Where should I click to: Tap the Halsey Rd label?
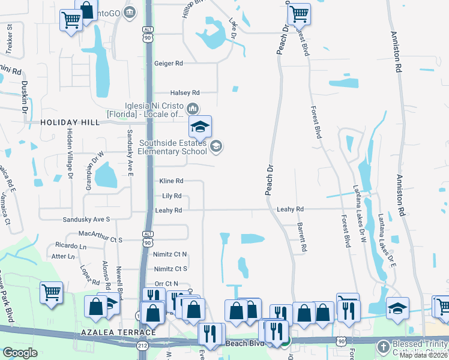pos(184,92)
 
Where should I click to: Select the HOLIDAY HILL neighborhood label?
pos(70,122)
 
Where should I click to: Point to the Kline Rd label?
pos(171,181)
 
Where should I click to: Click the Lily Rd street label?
pos(172,196)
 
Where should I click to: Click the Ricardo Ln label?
pos(71,246)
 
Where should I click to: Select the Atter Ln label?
pos(62,256)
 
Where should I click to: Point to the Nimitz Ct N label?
pos(170,254)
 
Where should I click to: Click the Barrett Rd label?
pos(303,237)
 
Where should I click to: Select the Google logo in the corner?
pos(20,352)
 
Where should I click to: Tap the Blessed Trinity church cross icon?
pos(383,346)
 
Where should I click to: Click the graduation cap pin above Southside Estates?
pos(200,126)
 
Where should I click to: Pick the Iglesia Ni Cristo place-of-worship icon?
pos(193,109)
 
